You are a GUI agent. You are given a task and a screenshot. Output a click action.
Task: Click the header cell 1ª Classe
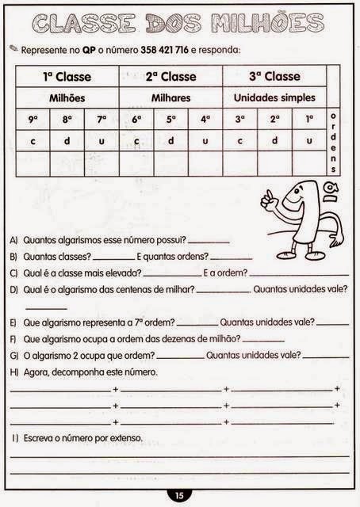(67, 77)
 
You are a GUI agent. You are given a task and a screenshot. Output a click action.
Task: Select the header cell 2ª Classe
(170, 77)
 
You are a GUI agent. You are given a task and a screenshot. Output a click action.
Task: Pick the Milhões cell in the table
(67, 98)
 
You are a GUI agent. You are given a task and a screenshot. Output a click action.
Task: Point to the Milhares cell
(170, 98)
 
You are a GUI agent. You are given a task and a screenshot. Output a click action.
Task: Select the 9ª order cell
(33, 119)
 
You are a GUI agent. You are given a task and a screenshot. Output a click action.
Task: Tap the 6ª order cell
(136, 119)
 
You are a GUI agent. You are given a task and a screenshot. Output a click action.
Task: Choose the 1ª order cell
(308, 119)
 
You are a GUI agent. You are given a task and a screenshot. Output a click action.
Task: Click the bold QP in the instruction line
(89, 50)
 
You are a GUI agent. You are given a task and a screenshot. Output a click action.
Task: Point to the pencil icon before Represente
(13, 48)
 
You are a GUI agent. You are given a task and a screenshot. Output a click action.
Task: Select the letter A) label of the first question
(14, 239)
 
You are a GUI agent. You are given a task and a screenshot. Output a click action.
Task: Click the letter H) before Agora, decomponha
(14, 372)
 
